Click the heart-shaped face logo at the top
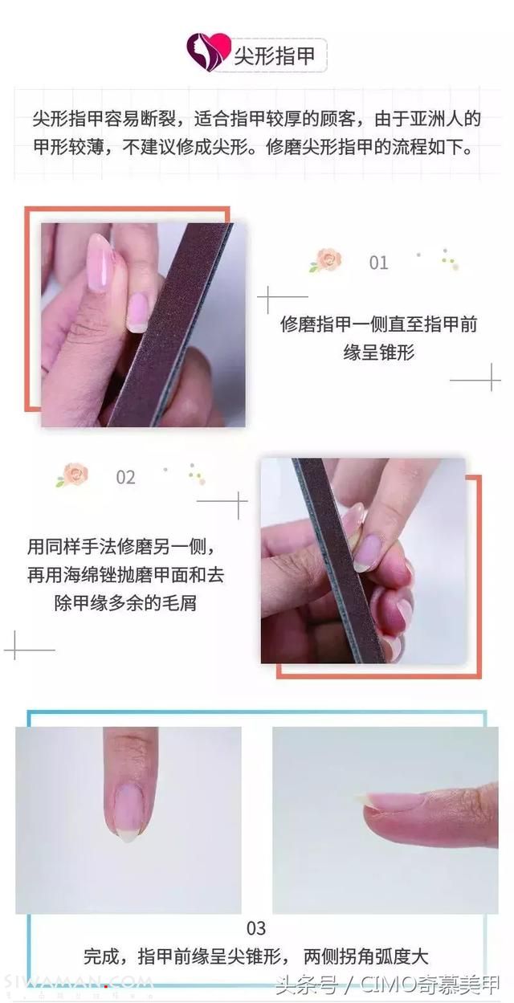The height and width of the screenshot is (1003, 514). pyautogui.click(x=209, y=51)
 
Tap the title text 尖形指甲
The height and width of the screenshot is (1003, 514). pyautogui.click(x=275, y=56)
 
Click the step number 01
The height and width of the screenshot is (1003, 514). pyautogui.click(x=378, y=263)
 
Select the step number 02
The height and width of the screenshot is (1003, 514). pyautogui.click(x=125, y=477)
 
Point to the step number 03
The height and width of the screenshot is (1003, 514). pyautogui.click(x=256, y=928)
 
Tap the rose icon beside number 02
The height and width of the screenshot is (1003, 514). pyautogui.click(x=72, y=475)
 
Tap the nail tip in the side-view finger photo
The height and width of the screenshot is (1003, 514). pyautogui.click(x=361, y=797)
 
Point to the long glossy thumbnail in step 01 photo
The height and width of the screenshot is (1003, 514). pyautogui.click(x=100, y=264)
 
